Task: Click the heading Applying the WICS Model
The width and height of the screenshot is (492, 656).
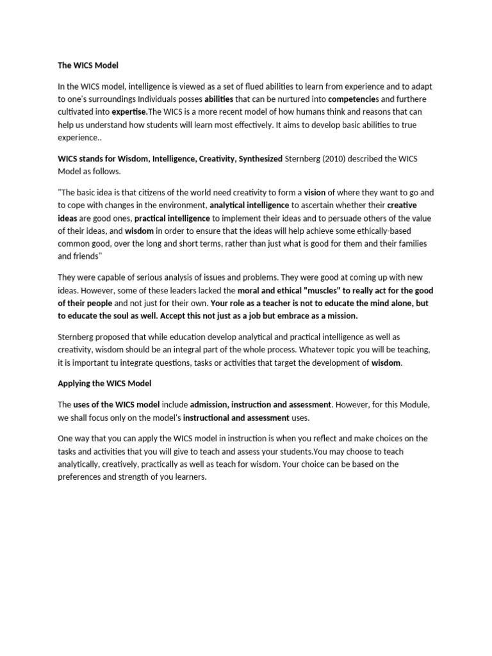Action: pyautogui.click(x=104, y=382)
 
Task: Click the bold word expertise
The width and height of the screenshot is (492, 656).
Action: pyautogui.click(x=131, y=112)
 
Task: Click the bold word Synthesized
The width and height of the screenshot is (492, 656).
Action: pyautogui.click(x=260, y=159)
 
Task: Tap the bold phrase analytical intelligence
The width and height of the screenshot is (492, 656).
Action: pyautogui.click(x=249, y=205)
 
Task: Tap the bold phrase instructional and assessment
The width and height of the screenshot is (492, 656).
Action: pyautogui.click(x=236, y=418)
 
